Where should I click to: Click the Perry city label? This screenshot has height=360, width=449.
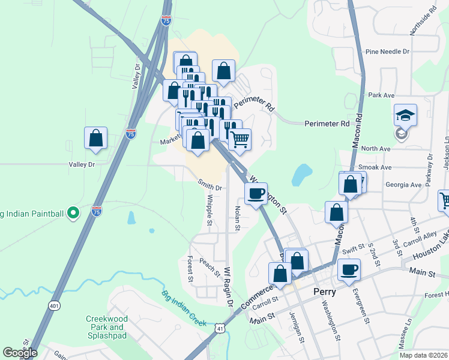click(x=328, y=292)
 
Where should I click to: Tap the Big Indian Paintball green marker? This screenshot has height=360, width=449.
click(x=73, y=212)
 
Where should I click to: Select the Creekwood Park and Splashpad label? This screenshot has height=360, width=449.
click(x=104, y=327)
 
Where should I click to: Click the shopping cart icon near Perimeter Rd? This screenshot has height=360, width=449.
click(x=240, y=139)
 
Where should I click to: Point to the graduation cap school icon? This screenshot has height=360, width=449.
click(x=405, y=114)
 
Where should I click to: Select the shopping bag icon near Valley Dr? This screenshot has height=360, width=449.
click(x=96, y=138)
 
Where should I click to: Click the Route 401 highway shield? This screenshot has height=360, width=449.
click(x=55, y=306)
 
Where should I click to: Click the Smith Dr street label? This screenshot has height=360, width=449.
click(x=210, y=187)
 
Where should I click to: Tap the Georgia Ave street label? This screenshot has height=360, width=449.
click(x=404, y=185)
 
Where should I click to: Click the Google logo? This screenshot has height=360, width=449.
click(x=20, y=353)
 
